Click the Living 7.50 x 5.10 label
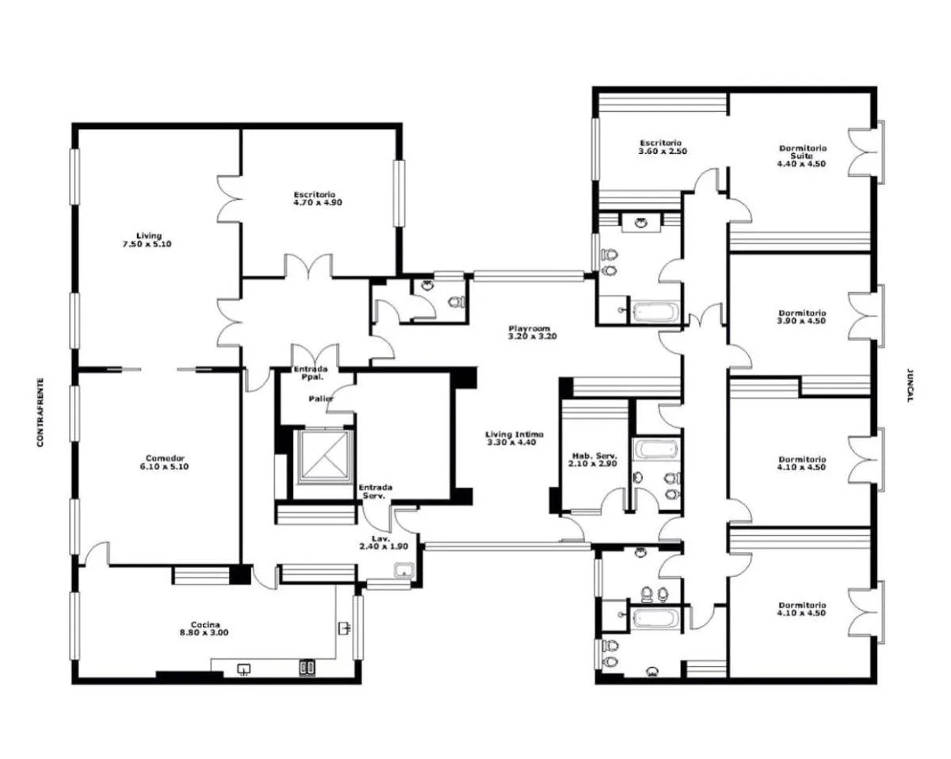147,240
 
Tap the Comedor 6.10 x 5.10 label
164,462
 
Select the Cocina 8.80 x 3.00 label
204,628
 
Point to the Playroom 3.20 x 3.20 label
532,332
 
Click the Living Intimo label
514,435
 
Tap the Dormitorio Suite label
802,151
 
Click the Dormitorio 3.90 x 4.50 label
802,316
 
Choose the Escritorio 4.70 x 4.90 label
317,198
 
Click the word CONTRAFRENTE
40,412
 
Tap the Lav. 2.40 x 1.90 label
384,542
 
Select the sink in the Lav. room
404,570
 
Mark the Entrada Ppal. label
311,373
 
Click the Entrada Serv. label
376,492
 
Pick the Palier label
321,398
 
